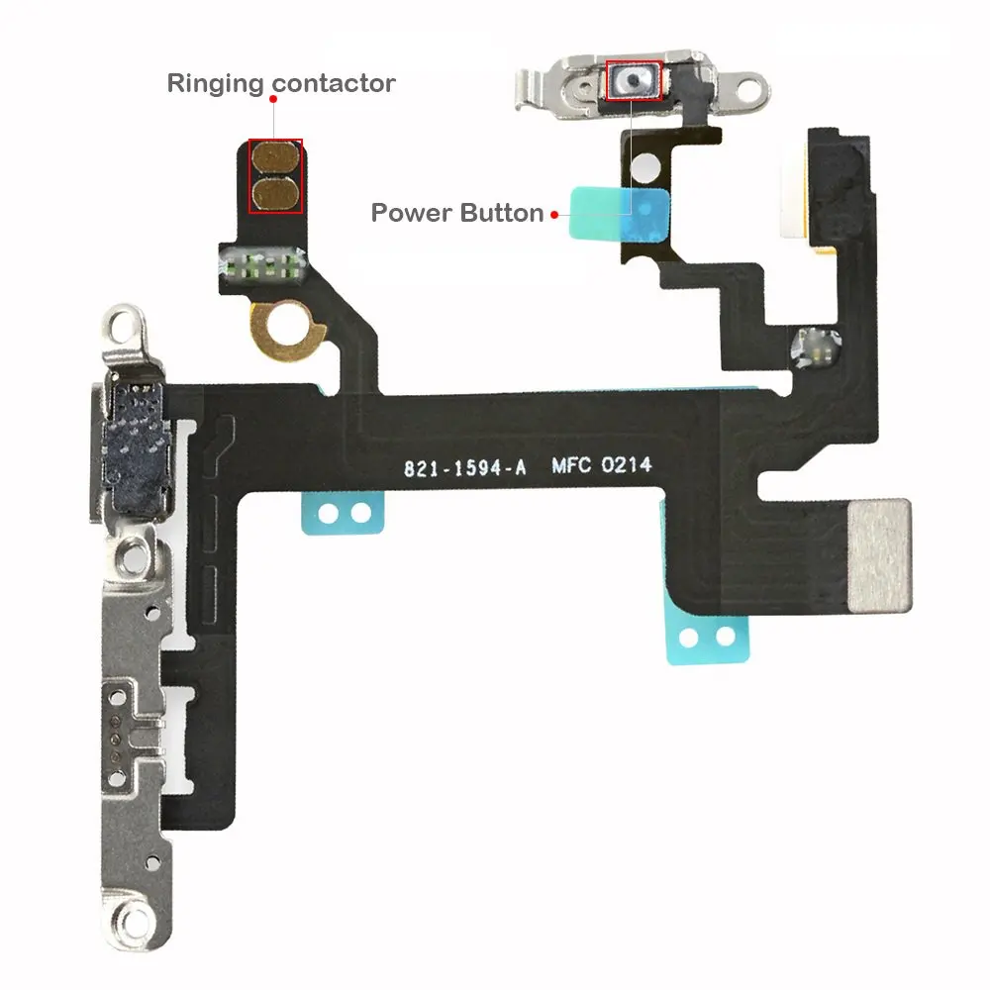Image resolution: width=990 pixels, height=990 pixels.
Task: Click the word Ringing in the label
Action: (215, 83)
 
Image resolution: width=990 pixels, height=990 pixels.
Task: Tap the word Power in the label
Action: (411, 213)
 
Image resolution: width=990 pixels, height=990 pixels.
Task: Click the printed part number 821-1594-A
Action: (464, 468)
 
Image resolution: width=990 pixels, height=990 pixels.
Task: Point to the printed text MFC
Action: (571, 466)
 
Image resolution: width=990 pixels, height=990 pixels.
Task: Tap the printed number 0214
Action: (627, 464)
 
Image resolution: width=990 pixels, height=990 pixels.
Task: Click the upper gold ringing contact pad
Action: (275, 158)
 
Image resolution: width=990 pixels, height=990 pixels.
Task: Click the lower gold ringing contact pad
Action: (275, 194)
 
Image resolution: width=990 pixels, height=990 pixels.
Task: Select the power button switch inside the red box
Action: (634, 80)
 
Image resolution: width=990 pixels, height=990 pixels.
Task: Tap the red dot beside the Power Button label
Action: (554, 215)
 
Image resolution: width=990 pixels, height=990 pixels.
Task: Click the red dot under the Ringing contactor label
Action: (273, 99)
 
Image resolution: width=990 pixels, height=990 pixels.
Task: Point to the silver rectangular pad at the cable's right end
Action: (879, 555)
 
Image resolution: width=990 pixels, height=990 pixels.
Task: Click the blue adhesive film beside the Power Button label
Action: (619, 215)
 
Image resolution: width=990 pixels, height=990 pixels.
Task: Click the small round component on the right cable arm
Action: (816, 347)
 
